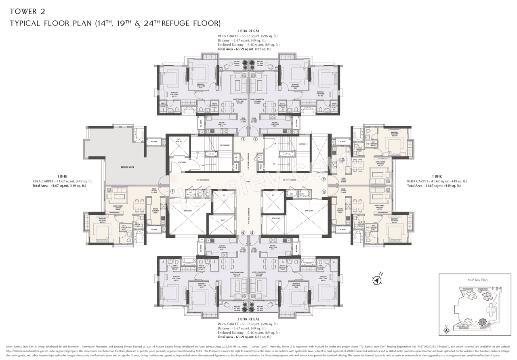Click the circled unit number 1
tap(243, 139)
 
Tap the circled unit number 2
tap(255, 139)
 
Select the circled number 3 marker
tap(324, 180)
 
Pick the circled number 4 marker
tap(324, 192)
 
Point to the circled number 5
tap(252, 232)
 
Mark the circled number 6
tap(243, 232)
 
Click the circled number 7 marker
tap(172, 192)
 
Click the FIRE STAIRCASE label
tap(225, 145)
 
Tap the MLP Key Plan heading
tap(475, 279)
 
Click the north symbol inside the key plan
tap(446, 329)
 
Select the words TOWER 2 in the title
tap(27, 10)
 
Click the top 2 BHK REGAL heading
tap(248, 31)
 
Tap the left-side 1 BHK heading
tap(63, 176)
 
